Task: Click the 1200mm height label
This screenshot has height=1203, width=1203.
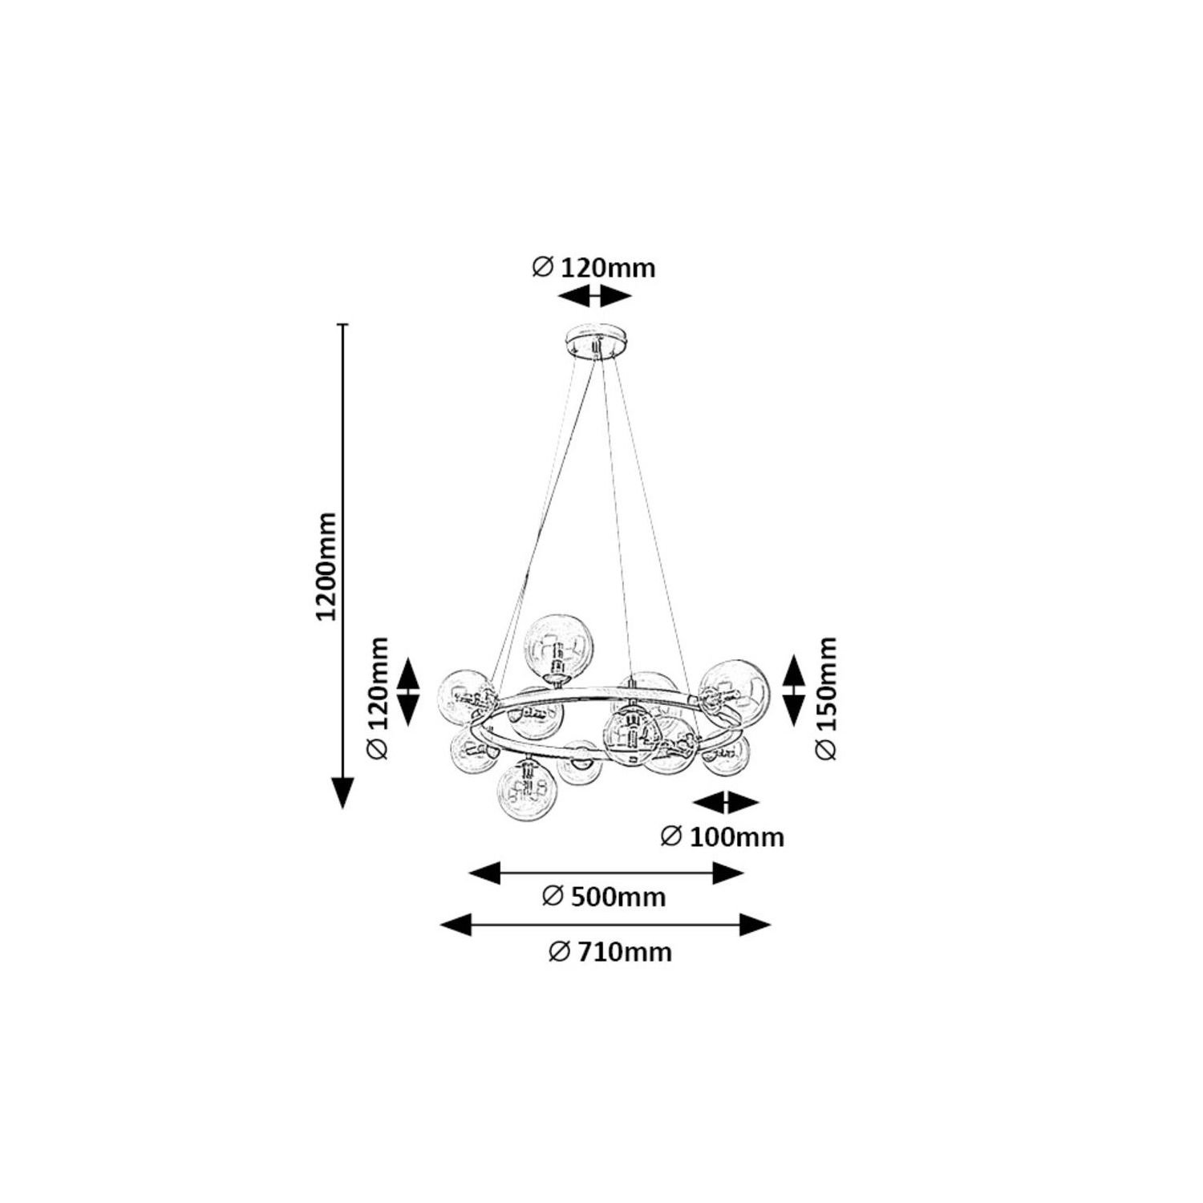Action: [x=326, y=565]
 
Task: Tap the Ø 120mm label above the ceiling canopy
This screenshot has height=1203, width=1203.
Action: [x=593, y=267]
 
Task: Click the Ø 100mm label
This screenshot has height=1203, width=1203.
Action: [x=722, y=836]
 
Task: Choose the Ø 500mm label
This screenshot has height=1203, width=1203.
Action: [x=604, y=896]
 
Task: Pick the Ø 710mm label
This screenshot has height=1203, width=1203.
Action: [x=610, y=952]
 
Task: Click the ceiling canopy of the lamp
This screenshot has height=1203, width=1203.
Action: [x=596, y=342]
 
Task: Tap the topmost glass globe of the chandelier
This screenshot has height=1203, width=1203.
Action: [x=560, y=646]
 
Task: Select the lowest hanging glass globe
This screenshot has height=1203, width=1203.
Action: [x=528, y=791]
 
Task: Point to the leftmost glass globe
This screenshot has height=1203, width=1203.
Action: [x=468, y=697]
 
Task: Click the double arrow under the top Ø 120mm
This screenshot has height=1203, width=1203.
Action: [x=594, y=297]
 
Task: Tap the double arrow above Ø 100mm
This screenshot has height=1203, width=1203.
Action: [x=726, y=802]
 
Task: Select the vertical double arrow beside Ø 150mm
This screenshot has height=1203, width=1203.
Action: [x=793, y=691]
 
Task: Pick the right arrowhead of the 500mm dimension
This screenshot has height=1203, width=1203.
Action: [x=727, y=873]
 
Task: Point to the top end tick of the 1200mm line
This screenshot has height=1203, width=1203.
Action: [x=343, y=324]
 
